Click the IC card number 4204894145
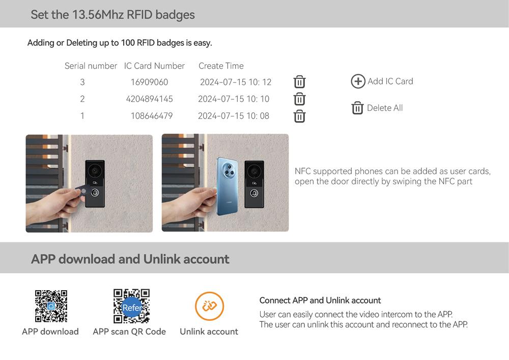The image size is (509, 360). (149, 99)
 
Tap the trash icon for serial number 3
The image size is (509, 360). (299, 82)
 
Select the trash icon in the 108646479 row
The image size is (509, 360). (299, 116)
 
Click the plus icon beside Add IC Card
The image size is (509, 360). (358, 81)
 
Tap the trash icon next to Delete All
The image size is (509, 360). (357, 108)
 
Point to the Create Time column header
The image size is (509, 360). (221, 66)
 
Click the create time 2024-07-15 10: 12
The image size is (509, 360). (236, 82)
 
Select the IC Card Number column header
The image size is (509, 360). (154, 66)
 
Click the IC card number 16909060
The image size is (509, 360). (149, 82)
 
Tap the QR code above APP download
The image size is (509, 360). (51, 306)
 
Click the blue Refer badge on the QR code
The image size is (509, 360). (132, 307)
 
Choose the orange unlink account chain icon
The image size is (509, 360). (209, 306)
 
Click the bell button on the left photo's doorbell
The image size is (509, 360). (95, 193)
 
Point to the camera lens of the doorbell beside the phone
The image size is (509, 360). (254, 171)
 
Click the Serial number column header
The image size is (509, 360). (91, 66)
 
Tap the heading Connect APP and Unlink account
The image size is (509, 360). (320, 300)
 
